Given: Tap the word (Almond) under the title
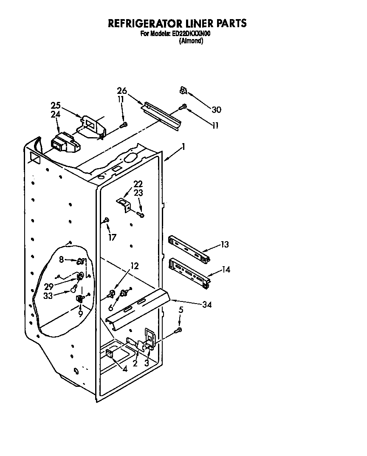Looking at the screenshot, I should click(x=191, y=41).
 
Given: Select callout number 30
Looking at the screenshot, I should click(x=216, y=110).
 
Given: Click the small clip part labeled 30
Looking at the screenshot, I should click(x=183, y=90).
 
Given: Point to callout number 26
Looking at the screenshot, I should click(x=122, y=90).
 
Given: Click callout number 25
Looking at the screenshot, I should click(x=56, y=105).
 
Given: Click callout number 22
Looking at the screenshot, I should click(x=138, y=184).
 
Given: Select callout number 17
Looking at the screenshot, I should click(x=112, y=237).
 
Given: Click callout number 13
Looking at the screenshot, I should click(x=225, y=244).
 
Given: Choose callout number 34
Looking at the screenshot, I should click(x=207, y=304).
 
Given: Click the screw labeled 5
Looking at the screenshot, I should click(x=180, y=329).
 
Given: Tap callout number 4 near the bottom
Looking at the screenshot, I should click(x=124, y=369).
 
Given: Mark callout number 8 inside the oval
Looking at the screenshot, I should click(x=62, y=259).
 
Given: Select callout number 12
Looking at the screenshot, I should click(x=135, y=266).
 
